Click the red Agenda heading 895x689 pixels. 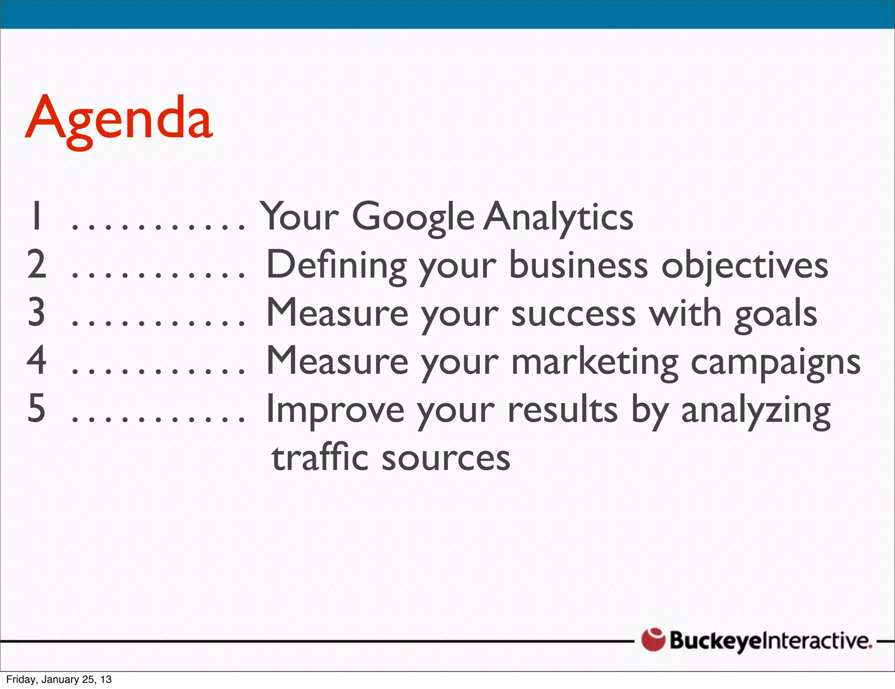pos(119,119)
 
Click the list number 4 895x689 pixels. pos(37,360)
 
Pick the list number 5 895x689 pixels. pos(37,408)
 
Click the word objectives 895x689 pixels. pos(744,266)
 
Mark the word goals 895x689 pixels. pos(776,314)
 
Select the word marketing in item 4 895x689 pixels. pos(595,362)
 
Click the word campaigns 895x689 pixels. pos(775,362)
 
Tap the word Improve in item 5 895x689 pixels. pos(335,410)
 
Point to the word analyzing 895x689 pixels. pos(756,410)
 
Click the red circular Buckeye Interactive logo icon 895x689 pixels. pos(653,640)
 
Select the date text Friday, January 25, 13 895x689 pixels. pos(59,679)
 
